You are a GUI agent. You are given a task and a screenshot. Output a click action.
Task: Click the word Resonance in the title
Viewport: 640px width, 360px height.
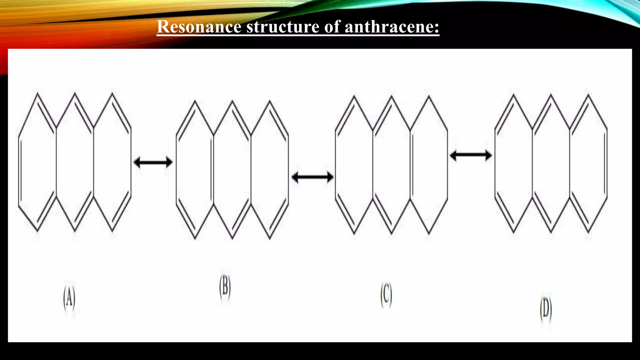click(199, 27)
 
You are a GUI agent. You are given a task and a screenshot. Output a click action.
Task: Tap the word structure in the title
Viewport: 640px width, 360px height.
click(283, 27)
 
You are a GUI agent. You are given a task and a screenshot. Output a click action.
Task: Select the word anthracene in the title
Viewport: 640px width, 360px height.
click(392, 27)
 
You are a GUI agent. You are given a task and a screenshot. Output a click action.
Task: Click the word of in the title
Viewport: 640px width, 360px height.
click(332, 27)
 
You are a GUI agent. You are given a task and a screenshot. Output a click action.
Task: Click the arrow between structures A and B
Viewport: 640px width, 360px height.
click(153, 162)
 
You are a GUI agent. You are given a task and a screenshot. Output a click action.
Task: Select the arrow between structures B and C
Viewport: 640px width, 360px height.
click(312, 177)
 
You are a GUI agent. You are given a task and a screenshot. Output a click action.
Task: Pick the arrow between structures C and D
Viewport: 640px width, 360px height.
click(471, 155)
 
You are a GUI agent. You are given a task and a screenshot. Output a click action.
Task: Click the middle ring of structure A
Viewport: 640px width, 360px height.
click(75, 162)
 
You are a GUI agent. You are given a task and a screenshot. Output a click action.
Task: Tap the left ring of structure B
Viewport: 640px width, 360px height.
click(195, 170)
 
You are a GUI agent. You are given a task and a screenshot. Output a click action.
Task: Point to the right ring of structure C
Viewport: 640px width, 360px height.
click(429, 165)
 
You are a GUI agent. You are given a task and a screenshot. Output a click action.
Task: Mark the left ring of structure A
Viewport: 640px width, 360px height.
click(37, 162)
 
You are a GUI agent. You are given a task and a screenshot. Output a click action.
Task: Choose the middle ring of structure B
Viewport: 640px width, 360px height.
click(232, 170)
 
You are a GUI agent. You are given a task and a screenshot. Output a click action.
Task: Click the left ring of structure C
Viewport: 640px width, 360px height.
click(354, 165)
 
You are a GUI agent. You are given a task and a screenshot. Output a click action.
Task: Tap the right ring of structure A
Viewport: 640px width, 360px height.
click(112, 162)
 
